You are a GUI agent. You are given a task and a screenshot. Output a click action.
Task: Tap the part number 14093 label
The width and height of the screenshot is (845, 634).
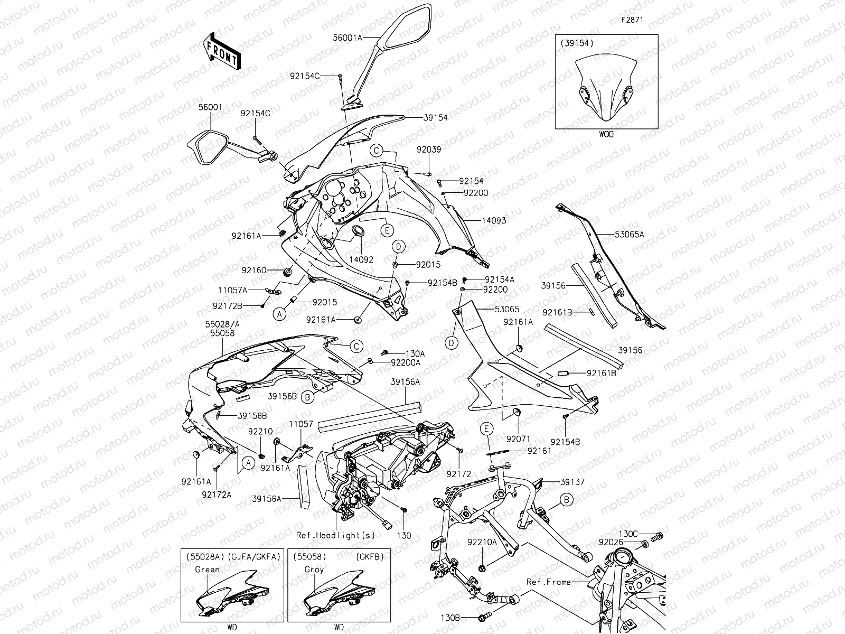493,220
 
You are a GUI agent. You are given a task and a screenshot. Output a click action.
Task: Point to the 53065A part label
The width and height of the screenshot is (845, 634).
629,234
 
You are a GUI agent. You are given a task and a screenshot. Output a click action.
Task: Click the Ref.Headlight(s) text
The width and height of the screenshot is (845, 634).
335,535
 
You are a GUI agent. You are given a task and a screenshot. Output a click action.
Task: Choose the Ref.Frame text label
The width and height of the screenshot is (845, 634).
549,582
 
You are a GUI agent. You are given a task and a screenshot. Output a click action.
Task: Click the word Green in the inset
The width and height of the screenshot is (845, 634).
207,570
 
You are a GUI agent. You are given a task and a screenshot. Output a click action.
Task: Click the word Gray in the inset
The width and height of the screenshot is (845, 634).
314,570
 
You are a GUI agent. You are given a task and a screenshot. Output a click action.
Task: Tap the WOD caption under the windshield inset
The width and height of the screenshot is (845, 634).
606,134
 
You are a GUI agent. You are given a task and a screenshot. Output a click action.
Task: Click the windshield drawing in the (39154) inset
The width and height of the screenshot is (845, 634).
606,90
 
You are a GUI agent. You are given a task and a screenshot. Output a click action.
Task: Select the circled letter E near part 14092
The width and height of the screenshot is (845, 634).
387,230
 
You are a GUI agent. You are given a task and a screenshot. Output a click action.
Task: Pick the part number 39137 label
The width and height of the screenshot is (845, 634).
572,482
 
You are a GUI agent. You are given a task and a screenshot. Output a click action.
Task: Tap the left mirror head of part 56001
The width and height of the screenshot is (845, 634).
209,147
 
